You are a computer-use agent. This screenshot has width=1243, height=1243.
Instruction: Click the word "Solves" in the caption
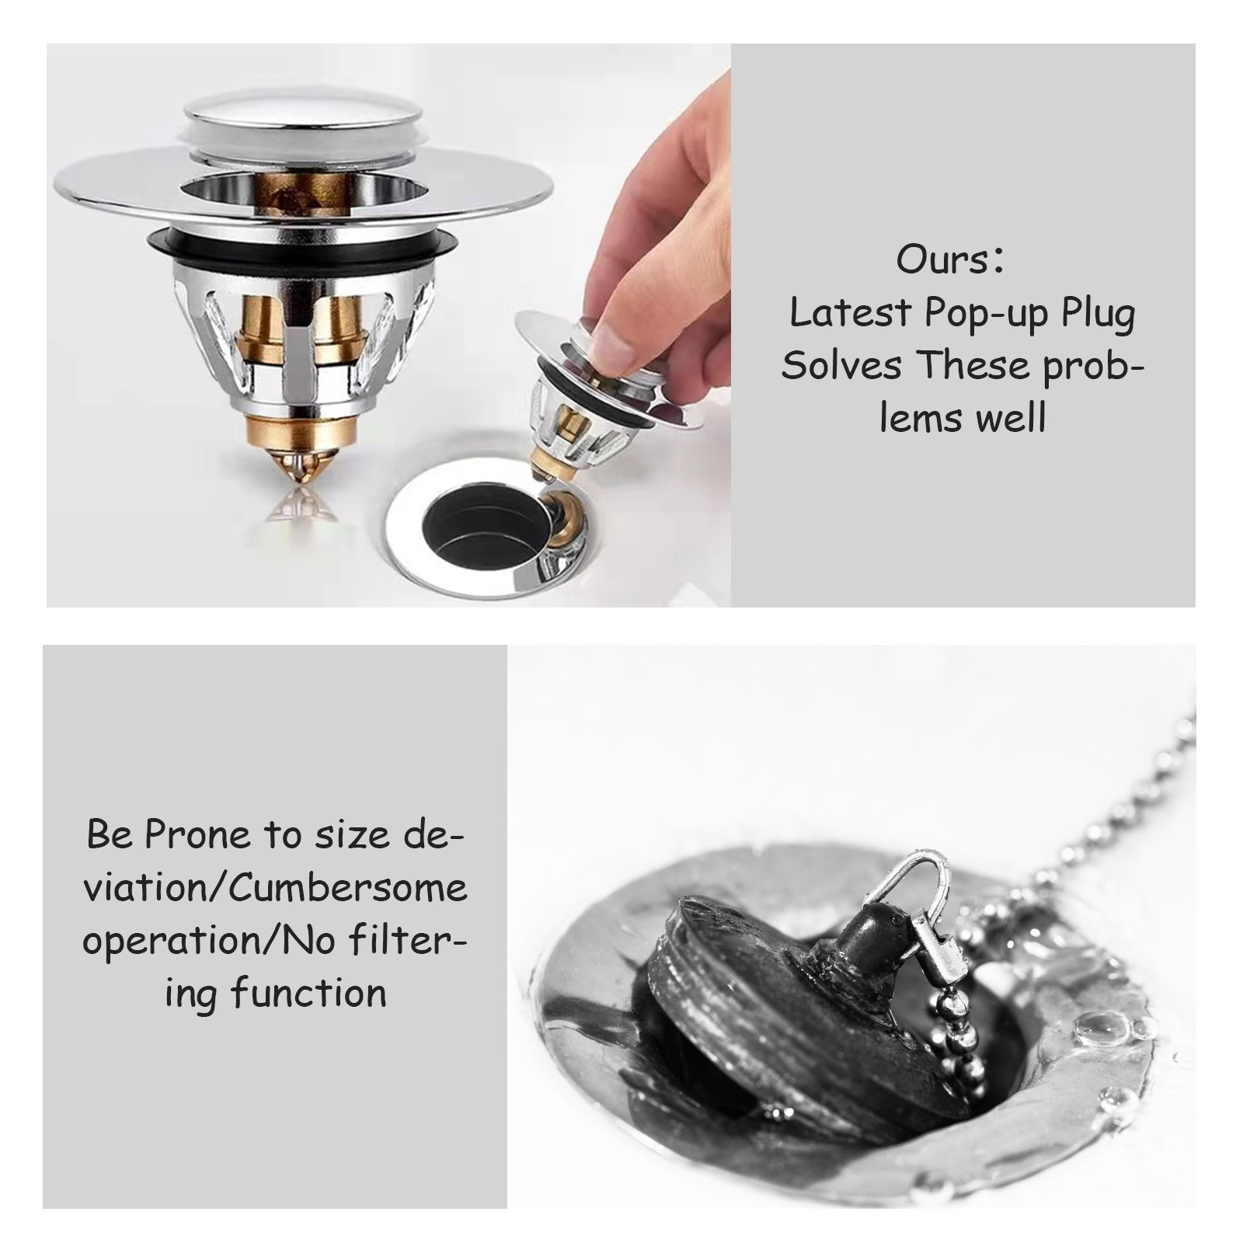point(841,365)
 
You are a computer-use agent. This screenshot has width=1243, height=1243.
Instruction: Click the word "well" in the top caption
point(1010,418)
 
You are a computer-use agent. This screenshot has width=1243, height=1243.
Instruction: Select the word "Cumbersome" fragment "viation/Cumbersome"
point(275,888)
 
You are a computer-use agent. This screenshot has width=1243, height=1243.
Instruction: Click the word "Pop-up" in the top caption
point(987,315)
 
